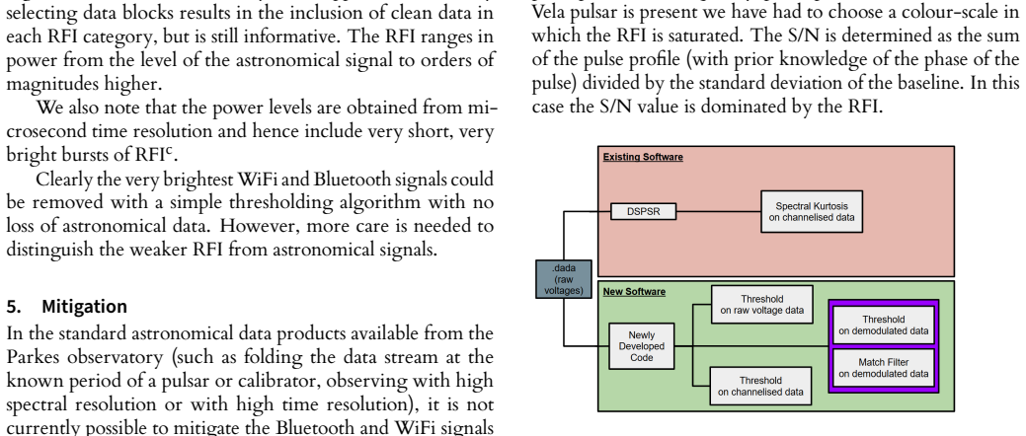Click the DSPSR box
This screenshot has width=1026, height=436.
[643, 212]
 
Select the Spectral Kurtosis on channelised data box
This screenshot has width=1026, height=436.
[812, 211]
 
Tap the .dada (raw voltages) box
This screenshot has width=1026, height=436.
[564, 279]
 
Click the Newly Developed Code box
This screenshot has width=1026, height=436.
[641, 346]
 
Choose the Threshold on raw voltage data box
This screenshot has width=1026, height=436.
[761, 305]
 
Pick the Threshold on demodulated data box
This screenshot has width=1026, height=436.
[884, 325]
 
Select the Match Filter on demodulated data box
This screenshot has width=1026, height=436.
[884, 368]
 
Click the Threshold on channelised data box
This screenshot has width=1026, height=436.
[761, 386]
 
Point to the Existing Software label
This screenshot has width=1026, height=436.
[643, 157]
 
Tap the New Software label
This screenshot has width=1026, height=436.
[634, 292]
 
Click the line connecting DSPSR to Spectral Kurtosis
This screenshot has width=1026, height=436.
[719, 212]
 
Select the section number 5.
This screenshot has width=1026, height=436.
[11, 307]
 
